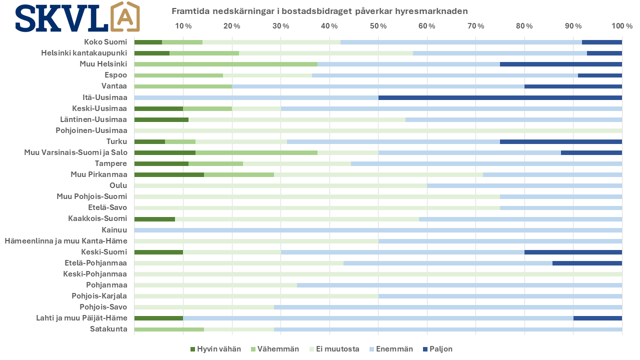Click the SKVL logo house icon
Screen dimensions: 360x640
coord(124,17)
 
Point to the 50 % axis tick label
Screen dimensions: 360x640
coord(377,26)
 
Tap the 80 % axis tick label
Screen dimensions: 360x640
coord(524,26)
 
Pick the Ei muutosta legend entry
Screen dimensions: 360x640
coord(334,349)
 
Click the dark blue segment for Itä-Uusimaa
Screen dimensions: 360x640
coord(500,97)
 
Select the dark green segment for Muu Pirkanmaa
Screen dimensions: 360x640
coord(169,174)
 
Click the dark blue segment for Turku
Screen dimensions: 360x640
coord(560,141)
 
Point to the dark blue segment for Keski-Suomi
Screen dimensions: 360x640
coord(573,252)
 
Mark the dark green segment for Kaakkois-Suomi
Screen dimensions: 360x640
coord(154,218)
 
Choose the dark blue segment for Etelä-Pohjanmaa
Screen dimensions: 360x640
coord(587,263)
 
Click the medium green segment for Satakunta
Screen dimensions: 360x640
coord(169,329)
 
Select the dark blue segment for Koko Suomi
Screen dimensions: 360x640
coord(601,42)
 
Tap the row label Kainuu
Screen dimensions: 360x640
coord(114,230)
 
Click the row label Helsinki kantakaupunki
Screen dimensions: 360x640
coord(84,53)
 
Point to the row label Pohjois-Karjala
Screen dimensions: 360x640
coord(99,296)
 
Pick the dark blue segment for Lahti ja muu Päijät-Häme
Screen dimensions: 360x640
coord(597,318)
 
